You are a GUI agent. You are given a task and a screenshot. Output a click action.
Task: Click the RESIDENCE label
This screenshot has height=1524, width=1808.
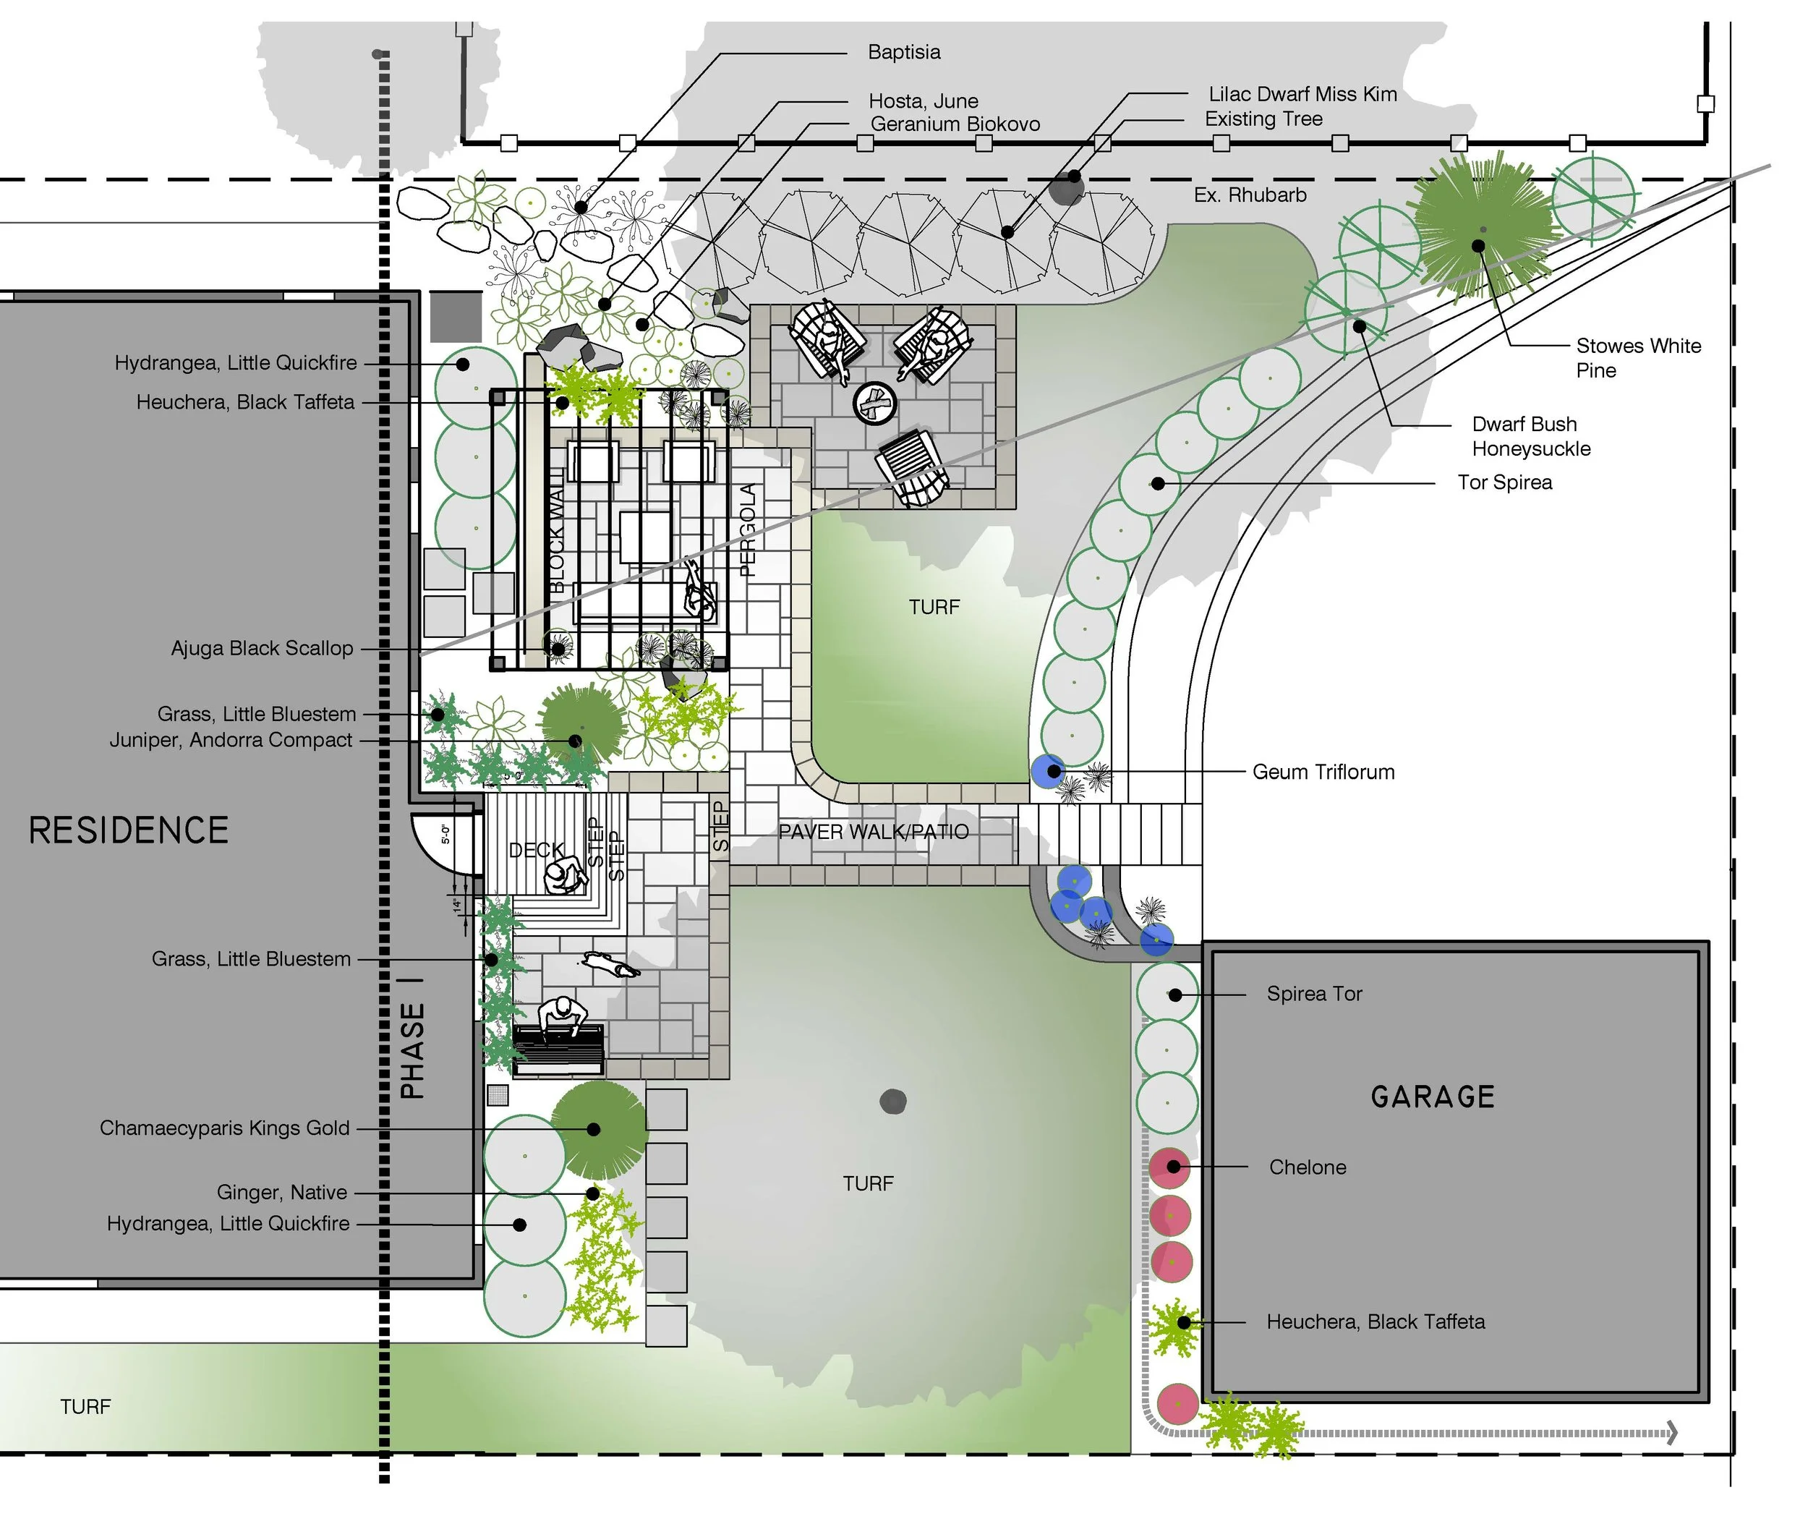[x=129, y=830]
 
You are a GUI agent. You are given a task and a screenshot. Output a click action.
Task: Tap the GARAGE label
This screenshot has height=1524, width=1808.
[x=1432, y=1097]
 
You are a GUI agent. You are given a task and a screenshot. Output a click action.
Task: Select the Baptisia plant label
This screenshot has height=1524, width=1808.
[x=903, y=52]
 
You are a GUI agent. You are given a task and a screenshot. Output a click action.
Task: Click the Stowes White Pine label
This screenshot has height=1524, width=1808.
[x=1638, y=357]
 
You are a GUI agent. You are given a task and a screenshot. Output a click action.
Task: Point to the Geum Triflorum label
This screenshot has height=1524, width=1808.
[x=1323, y=772]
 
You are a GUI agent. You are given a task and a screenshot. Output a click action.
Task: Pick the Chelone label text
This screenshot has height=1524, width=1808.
[x=1307, y=1167]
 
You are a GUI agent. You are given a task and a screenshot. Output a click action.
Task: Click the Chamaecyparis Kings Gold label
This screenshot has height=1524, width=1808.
[x=225, y=1128]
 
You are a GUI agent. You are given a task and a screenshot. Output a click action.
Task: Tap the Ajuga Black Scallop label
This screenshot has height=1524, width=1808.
[x=262, y=648]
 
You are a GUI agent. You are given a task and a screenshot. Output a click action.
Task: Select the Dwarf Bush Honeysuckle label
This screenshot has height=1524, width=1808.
[x=1531, y=436]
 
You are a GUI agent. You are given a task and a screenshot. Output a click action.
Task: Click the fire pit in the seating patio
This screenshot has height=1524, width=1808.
[x=875, y=403]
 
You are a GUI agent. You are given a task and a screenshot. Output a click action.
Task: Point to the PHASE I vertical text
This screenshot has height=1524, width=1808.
[x=413, y=1049]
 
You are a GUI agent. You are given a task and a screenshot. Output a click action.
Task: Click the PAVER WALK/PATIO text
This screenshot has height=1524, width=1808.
[x=874, y=831]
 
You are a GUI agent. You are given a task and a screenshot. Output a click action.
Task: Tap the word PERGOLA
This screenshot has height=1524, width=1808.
[x=748, y=529]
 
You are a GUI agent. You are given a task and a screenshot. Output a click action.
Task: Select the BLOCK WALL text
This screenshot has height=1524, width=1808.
[x=557, y=536]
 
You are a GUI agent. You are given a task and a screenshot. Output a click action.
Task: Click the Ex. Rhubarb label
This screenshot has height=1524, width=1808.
[x=1250, y=195]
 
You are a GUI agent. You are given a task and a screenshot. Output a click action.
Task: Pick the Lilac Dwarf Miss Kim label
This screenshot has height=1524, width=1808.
[x=1302, y=94]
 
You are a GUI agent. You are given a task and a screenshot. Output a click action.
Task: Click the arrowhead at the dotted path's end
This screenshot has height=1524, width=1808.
[x=1672, y=1432]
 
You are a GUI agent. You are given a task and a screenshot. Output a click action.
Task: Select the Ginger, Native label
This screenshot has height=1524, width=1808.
[x=281, y=1192]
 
